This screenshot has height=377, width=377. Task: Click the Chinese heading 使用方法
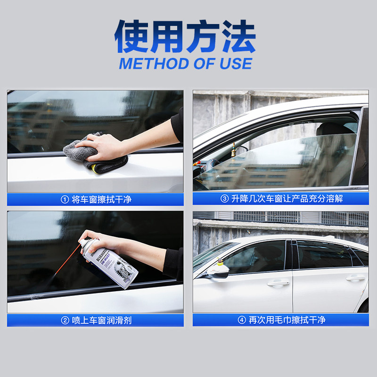coord(185,37)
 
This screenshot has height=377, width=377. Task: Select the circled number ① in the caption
coord(65,199)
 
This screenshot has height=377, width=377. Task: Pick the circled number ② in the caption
coord(65,320)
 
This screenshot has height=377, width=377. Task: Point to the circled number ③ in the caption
coord(225,198)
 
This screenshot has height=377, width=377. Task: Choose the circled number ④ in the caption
coord(241,320)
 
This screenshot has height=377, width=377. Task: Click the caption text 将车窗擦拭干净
coord(101,199)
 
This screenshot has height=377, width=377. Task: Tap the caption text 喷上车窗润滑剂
coord(101,320)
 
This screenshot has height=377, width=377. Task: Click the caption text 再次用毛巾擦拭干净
coord(287,320)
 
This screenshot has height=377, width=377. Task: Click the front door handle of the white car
coord(278,283)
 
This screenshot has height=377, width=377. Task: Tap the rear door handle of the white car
coord(355,278)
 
